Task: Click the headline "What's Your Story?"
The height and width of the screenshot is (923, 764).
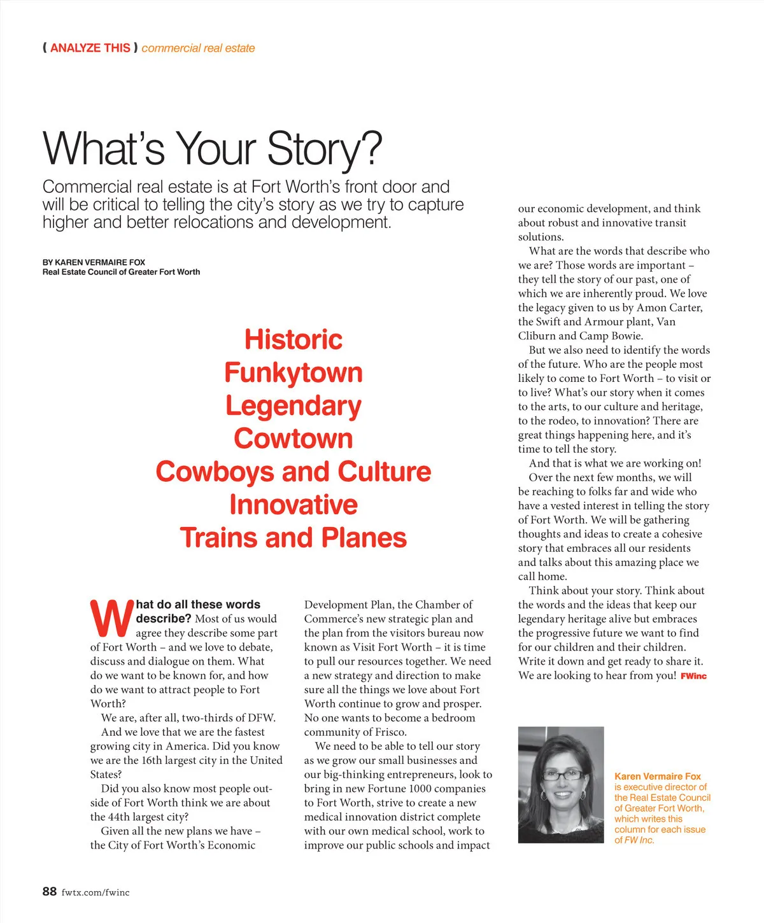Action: tap(212, 148)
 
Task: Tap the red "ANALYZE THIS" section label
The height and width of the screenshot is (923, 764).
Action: tap(90, 48)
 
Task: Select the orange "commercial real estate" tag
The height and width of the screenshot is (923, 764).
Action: tap(198, 48)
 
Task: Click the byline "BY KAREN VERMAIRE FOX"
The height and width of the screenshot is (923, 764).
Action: tap(94, 262)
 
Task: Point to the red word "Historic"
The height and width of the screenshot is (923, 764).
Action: tap(294, 339)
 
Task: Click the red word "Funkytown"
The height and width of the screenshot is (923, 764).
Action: tap(294, 372)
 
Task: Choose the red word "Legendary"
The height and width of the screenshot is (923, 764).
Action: tap(294, 406)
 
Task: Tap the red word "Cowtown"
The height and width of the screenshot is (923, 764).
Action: tap(294, 439)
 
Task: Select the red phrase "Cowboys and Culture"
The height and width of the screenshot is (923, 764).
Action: tap(294, 472)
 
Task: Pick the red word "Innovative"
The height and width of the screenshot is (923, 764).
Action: tap(294, 505)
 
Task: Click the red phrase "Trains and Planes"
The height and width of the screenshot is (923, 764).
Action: tap(294, 538)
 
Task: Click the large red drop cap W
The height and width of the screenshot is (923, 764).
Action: tap(112, 618)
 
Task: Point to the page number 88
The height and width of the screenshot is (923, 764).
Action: tap(50, 891)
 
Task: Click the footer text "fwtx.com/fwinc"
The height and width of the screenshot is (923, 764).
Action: tap(95, 892)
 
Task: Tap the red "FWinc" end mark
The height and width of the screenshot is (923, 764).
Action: tap(693, 676)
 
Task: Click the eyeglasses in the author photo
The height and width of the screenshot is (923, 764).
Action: tap(562, 775)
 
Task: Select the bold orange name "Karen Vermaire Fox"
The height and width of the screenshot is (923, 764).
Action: tap(657, 777)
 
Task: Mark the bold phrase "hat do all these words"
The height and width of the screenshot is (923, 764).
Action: tap(198, 604)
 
